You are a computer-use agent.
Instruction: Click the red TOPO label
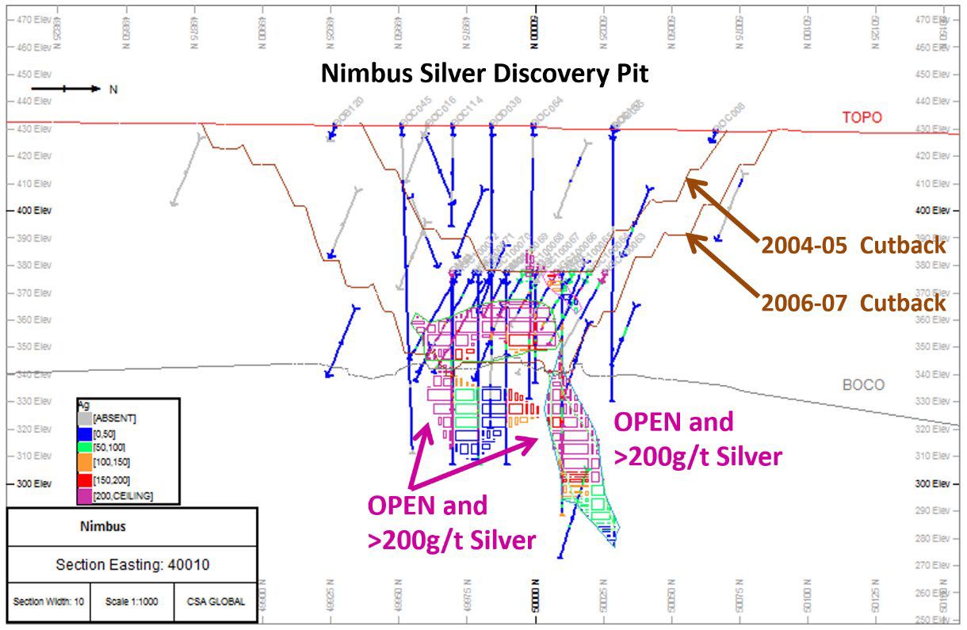point(862,117)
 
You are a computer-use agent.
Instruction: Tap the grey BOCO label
point(863,385)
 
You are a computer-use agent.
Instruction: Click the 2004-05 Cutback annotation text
point(854,245)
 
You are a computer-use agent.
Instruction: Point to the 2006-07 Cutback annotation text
point(854,303)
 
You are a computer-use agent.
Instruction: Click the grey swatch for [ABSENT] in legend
point(84,417)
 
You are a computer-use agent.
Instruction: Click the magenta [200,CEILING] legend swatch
point(84,495)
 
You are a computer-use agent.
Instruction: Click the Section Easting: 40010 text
point(132,565)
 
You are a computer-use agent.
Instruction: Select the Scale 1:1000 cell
point(132,601)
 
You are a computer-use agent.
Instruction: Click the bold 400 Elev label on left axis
point(29,211)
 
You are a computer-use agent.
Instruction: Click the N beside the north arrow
point(113,90)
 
